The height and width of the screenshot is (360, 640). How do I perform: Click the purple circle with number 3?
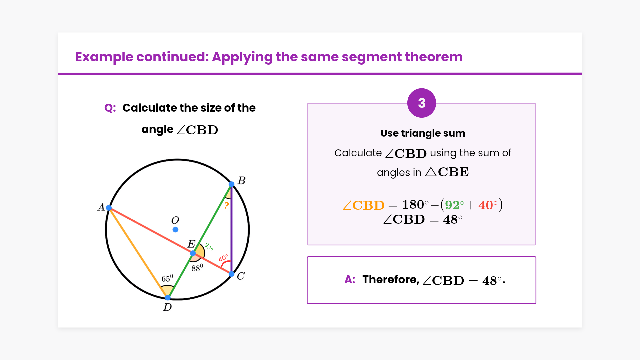click(x=422, y=103)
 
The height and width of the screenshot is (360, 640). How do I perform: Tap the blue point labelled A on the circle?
click(x=109, y=208)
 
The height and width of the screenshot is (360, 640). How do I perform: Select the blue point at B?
click(x=232, y=184)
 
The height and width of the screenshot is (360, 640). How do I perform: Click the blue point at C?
click(x=232, y=274)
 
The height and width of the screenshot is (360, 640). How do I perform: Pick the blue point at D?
click(x=168, y=297)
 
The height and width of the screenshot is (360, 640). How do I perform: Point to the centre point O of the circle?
click(x=175, y=229)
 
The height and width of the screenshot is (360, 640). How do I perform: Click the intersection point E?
click(x=193, y=253)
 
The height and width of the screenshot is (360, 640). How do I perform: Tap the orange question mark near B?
click(x=227, y=205)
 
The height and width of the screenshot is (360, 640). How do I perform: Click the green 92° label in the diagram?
click(x=209, y=247)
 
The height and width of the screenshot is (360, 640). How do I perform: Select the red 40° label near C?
click(x=223, y=258)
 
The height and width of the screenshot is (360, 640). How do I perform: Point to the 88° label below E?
click(x=197, y=267)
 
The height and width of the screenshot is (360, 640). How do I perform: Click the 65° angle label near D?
click(x=167, y=278)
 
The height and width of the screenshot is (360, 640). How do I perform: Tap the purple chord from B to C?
click(x=232, y=229)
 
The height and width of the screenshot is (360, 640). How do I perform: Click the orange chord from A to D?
click(x=138, y=253)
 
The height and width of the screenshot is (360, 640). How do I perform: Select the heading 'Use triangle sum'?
click(x=423, y=133)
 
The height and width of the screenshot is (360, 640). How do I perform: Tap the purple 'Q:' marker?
click(x=110, y=108)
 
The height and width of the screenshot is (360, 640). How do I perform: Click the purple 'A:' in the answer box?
click(x=350, y=279)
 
